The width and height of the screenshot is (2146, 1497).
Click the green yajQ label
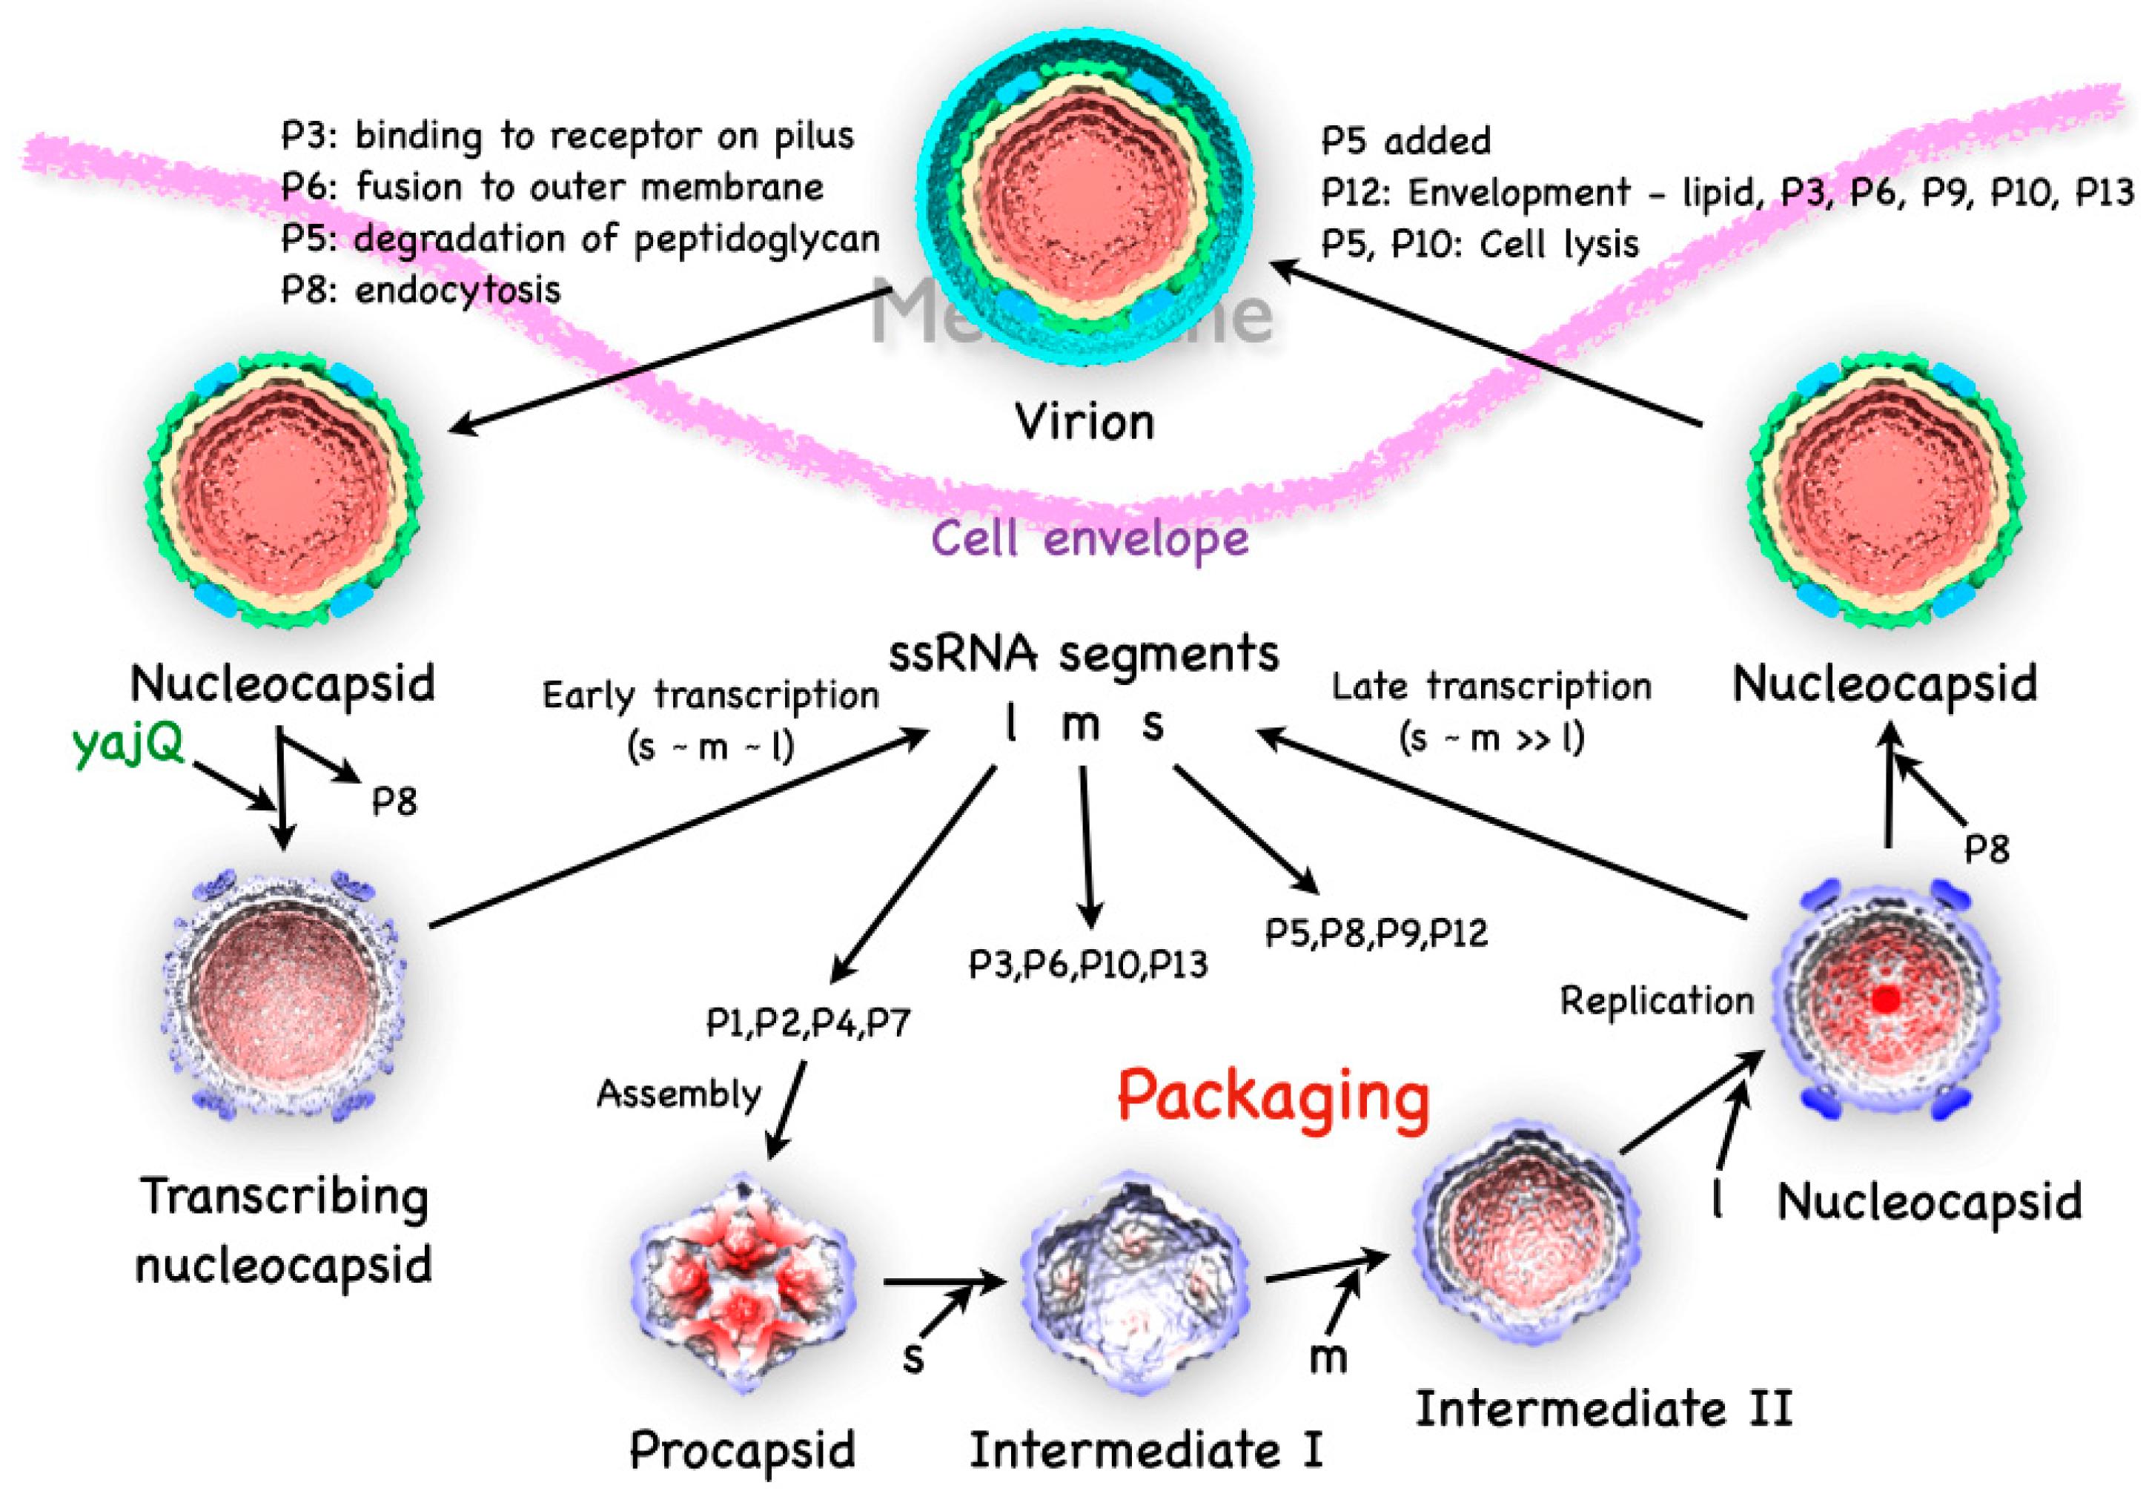pos(128,745)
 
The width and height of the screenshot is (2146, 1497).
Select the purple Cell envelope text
pos(1090,540)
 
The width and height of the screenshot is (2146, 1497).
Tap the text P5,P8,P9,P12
pos(1376,933)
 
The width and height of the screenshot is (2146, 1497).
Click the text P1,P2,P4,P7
pos(807,1023)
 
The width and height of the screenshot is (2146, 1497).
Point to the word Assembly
pos(678,1094)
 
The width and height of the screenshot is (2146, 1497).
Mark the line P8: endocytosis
pos(420,291)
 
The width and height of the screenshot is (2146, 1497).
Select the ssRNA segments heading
pos(1082,653)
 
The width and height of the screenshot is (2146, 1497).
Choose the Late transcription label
pos(1491,687)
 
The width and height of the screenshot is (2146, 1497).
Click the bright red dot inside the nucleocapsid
pos(1886,999)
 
